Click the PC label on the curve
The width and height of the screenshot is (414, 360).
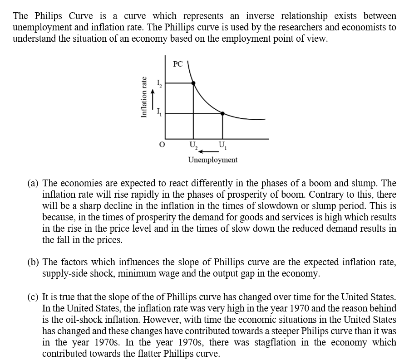pos(178,64)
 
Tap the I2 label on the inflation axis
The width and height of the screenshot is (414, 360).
pos(158,83)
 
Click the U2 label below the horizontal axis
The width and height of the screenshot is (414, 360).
pos(193,145)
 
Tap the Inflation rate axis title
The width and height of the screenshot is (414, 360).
pos(144,97)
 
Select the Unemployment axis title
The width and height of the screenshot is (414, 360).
pos(212,160)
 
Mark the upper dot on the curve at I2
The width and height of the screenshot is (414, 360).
pos(193,83)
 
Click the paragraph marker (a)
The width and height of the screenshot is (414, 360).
pos(33,184)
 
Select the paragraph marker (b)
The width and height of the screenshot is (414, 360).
pos(33,263)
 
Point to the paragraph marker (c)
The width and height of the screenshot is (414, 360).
pos(33,298)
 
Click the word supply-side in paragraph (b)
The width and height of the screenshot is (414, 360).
pos(64,274)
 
